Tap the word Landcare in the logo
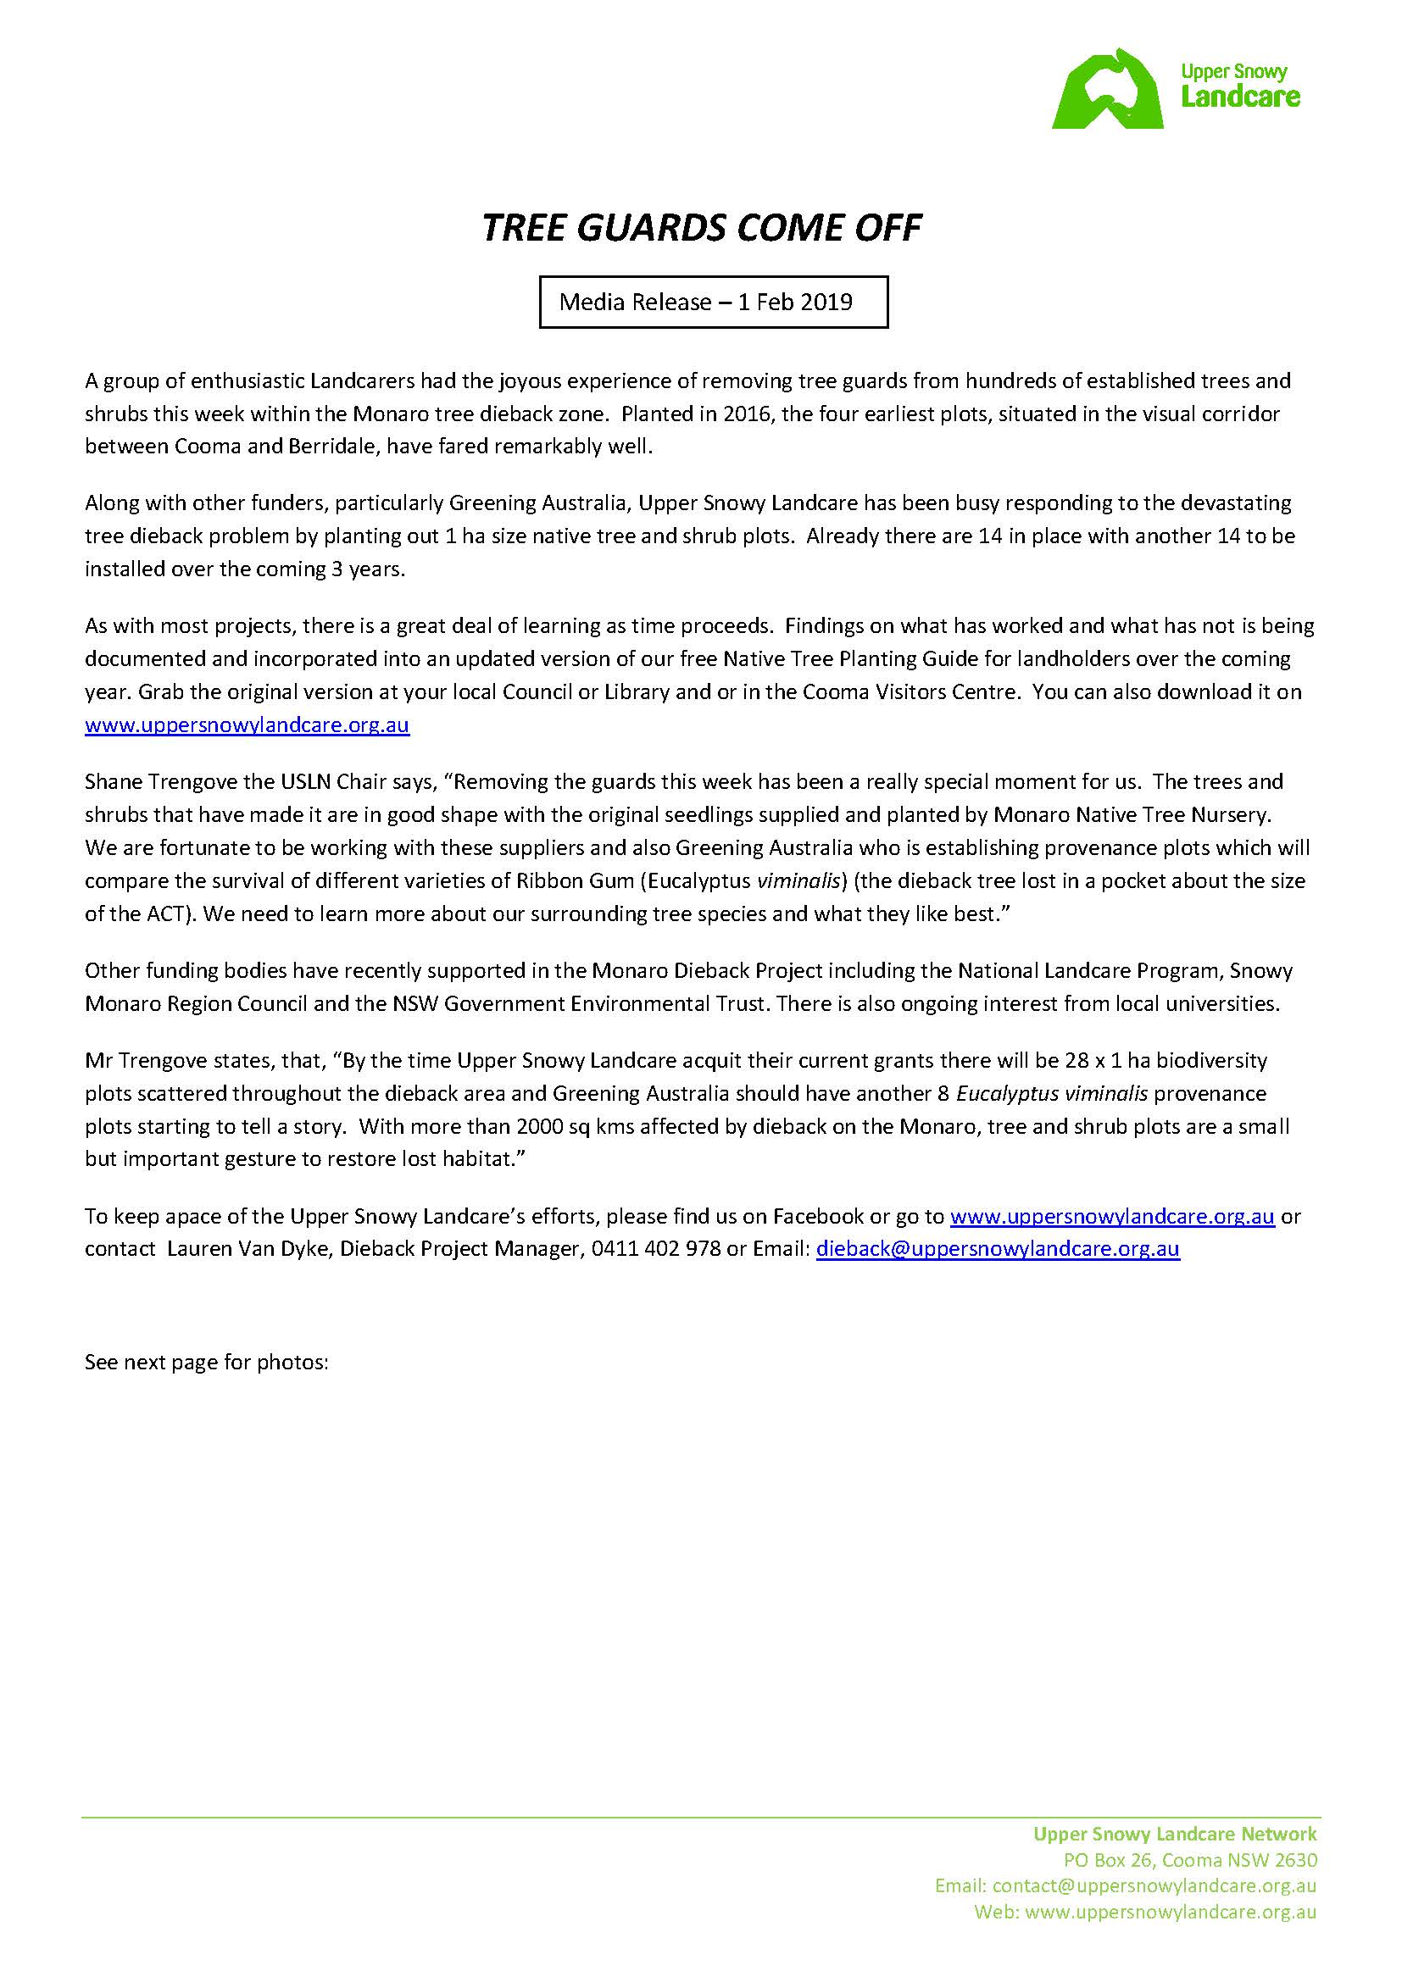tap(1240, 97)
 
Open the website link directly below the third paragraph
tap(247, 725)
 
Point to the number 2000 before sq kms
tap(540, 1126)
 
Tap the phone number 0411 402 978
tap(655, 1250)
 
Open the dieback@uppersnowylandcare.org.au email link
tap(997, 1250)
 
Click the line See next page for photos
tap(206, 1363)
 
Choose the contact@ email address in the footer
tap(1154, 1886)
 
